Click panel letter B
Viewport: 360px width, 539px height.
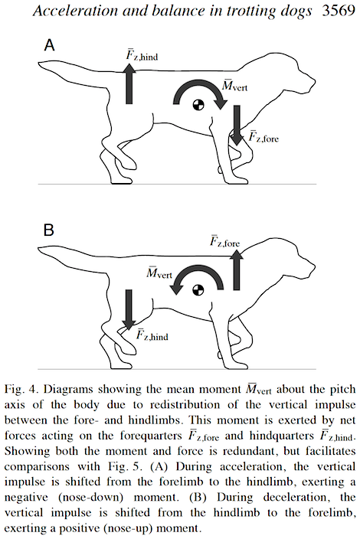point(48,230)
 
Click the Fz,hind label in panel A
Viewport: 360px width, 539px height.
point(145,54)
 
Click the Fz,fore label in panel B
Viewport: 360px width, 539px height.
point(227,241)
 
